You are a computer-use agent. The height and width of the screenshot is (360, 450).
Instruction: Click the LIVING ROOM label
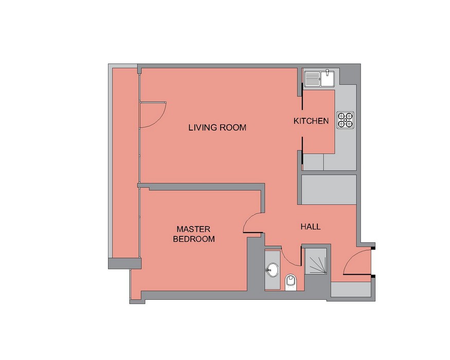pos(217,128)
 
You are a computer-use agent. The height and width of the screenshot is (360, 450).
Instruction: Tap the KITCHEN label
pos(311,121)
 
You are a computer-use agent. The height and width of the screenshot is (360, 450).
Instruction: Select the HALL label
pos(311,227)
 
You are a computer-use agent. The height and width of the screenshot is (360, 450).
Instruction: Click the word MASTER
pos(193,229)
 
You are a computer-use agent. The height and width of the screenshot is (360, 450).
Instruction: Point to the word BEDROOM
pos(194,239)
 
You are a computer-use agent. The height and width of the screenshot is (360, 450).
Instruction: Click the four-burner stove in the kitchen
pos(345,120)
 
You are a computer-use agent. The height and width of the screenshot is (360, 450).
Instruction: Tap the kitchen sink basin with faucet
pos(328,78)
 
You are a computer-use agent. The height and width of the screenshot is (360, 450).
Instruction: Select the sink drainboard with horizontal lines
pos(313,79)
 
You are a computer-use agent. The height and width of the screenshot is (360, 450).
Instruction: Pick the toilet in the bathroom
pos(291,283)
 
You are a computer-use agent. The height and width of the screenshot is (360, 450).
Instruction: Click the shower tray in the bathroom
pos(316,261)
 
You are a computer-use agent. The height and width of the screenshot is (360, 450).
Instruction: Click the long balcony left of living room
pos(125,163)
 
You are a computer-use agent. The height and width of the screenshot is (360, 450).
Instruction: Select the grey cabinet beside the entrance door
pos(351,290)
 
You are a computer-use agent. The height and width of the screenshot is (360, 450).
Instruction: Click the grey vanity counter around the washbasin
pos(273,270)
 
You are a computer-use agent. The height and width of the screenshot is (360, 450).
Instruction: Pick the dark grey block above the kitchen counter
pos(348,76)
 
